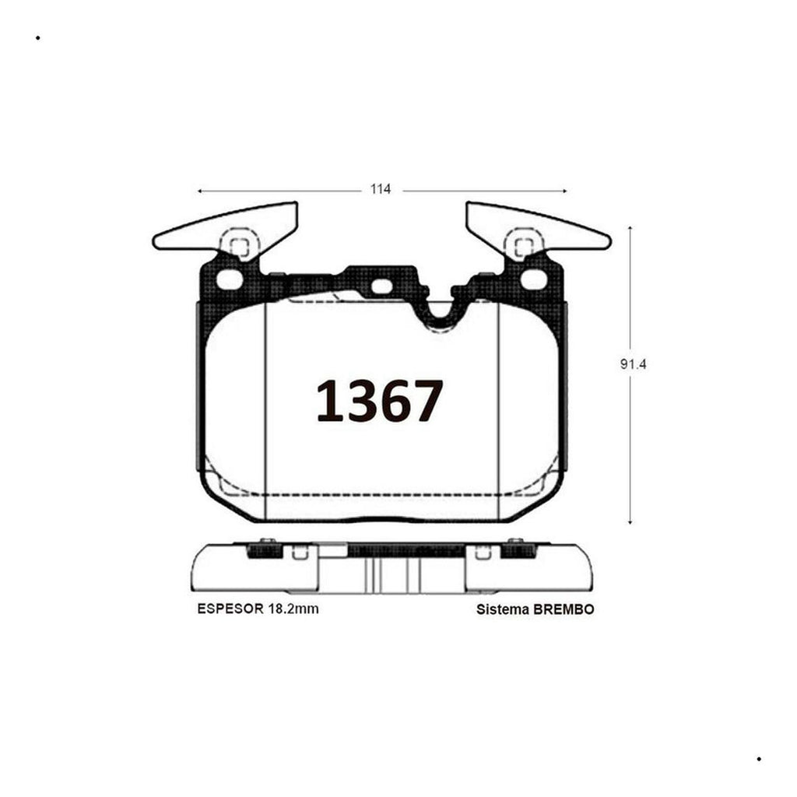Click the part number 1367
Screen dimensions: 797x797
click(x=380, y=401)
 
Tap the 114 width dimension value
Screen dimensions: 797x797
click(x=381, y=189)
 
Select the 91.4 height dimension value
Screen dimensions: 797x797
click(x=633, y=364)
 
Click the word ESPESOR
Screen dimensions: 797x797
click(x=230, y=609)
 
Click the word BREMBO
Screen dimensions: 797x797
click(x=564, y=609)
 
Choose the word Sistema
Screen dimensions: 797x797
click(x=503, y=609)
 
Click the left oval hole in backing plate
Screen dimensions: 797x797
click(x=230, y=279)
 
